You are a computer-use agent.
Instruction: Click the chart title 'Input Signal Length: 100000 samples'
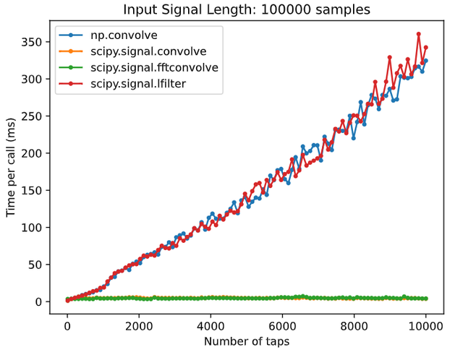pyautogui.click(x=247, y=10)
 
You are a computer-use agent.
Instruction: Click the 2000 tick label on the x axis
pyautogui.click(x=139, y=325)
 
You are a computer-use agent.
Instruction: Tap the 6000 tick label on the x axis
pyautogui.click(x=282, y=325)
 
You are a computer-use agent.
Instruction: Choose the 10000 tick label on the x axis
pyautogui.click(x=426, y=325)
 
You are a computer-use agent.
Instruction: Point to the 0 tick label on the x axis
pyautogui.click(x=67, y=325)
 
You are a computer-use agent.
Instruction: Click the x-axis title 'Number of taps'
pyautogui.click(x=247, y=340)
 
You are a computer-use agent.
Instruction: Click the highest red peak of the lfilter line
pyautogui.click(x=419, y=34)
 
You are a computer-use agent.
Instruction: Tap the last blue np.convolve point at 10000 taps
pyautogui.click(x=426, y=61)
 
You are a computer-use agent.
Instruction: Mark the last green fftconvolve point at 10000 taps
pyautogui.click(x=426, y=299)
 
